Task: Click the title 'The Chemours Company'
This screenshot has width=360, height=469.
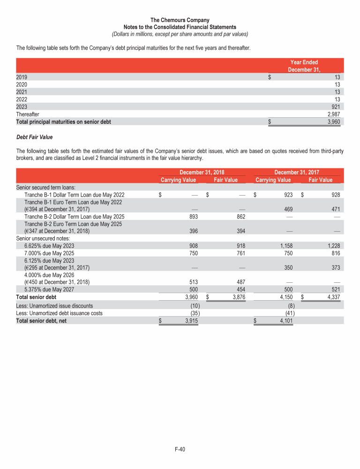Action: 180,20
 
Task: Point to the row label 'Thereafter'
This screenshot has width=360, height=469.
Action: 28,114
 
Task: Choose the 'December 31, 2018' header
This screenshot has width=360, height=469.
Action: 199,173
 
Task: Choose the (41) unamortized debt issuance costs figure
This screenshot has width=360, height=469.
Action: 289,313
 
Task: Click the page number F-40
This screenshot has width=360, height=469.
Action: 180,450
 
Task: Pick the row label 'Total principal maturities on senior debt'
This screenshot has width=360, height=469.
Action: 64,121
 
